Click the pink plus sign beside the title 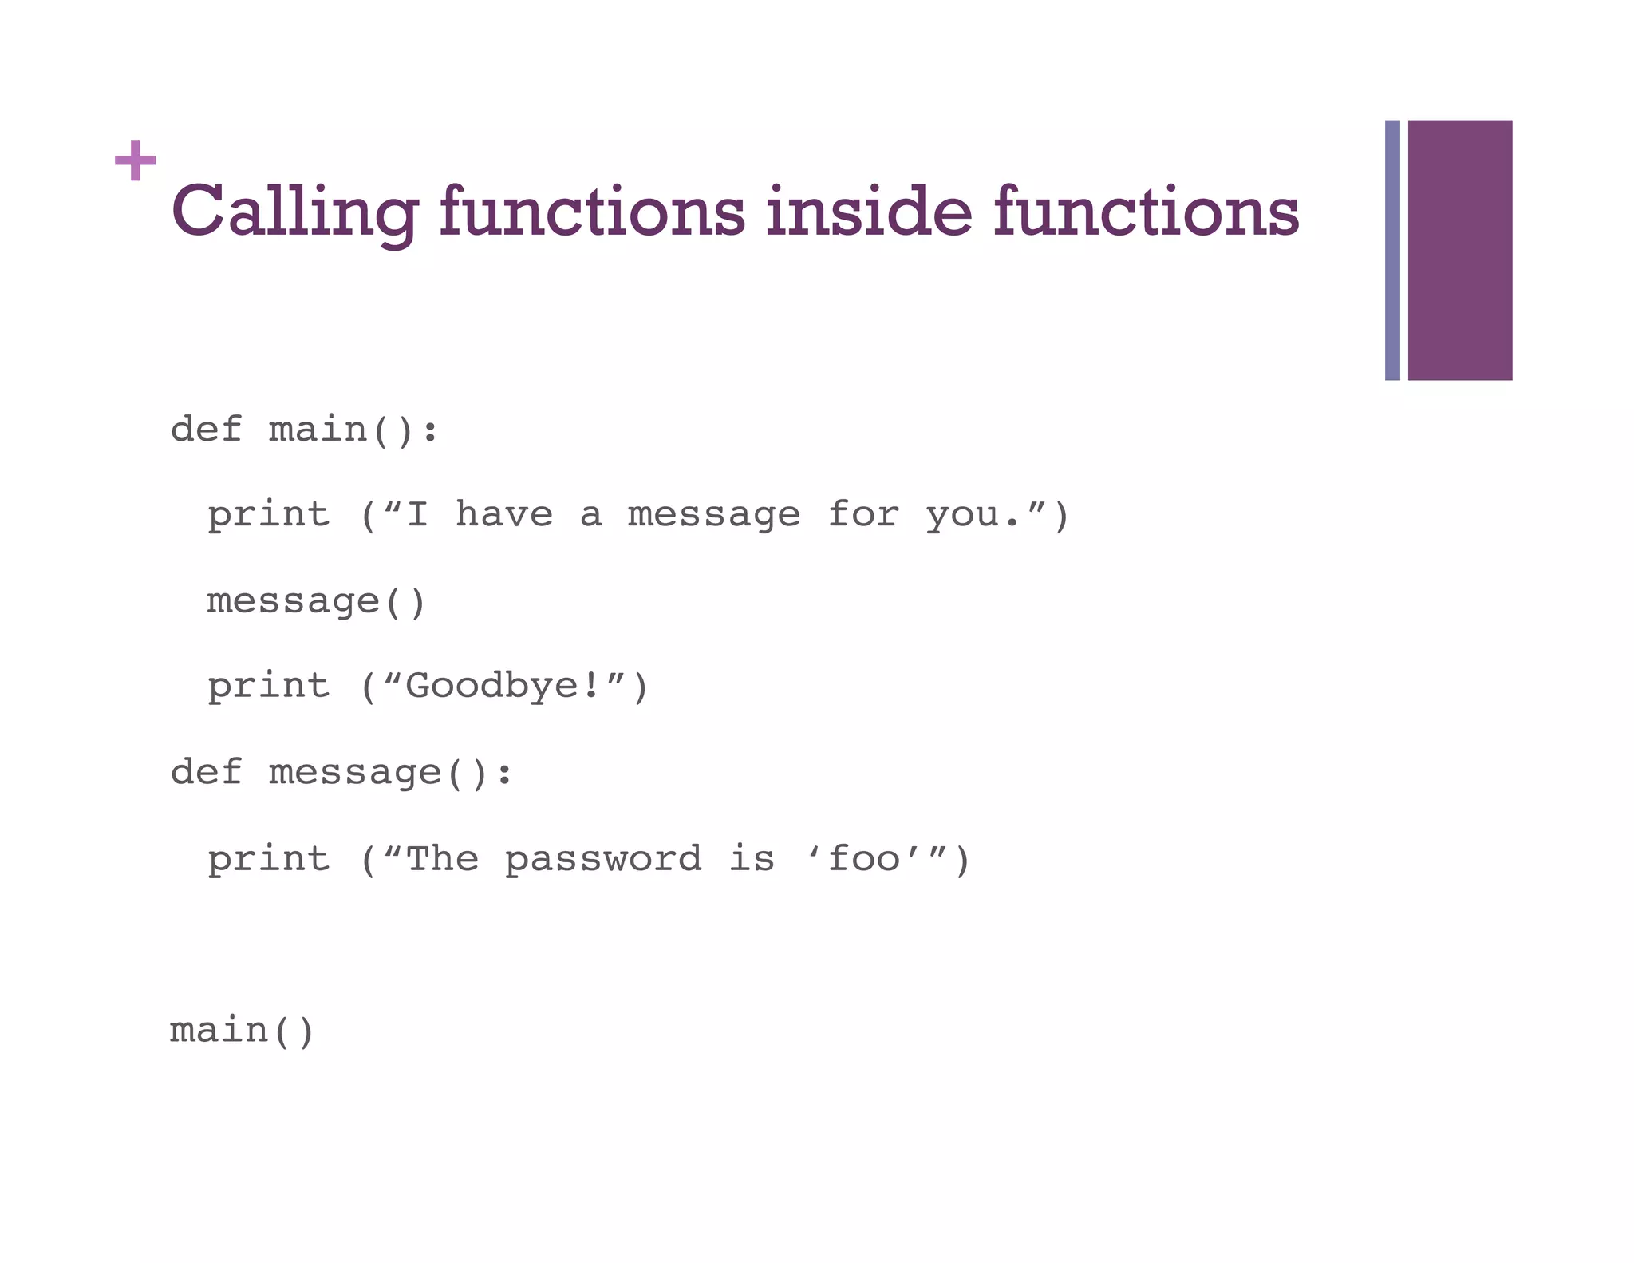(x=135, y=160)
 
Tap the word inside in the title (x=868, y=212)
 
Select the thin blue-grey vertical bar (x=1392, y=250)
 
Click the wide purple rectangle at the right (x=1459, y=250)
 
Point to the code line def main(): (x=304, y=430)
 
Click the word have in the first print (x=503, y=514)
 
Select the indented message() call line (x=317, y=601)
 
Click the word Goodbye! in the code (x=503, y=687)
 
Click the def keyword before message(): (x=206, y=772)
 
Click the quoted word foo (x=864, y=859)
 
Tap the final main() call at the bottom (x=243, y=1031)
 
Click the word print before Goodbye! (x=269, y=687)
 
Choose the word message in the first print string (x=713, y=516)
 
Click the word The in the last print (x=442, y=859)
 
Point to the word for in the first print (x=864, y=514)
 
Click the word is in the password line (x=752, y=859)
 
